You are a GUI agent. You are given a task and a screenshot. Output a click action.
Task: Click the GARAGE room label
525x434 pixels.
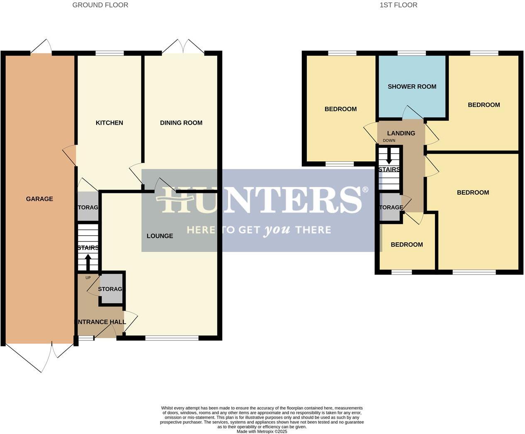[x=39, y=199]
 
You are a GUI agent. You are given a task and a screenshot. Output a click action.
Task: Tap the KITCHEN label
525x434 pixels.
[x=109, y=123]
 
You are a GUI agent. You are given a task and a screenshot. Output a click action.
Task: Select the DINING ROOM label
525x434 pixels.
[x=181, y=123]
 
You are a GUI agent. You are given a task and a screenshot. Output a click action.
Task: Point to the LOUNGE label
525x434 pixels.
[x=160, y=236]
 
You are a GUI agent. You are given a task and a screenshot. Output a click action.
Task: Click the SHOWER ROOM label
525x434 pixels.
[x=412, y=87]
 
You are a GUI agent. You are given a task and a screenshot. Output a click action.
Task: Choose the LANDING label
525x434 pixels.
[x=401, y=133]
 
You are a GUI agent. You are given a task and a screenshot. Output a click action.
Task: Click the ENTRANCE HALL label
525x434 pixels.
[x=100, y=322]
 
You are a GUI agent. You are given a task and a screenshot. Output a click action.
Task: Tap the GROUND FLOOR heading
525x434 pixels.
[x=100, y=5]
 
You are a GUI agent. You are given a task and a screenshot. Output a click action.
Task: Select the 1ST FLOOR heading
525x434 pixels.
[x=398, y=5]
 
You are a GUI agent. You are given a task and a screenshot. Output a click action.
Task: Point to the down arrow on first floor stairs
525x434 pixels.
[x=389, y=157]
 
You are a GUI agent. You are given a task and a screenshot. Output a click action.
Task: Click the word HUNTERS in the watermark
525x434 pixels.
[x=261, y=200]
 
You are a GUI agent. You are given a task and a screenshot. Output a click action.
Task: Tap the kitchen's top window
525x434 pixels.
[x=109, y=53]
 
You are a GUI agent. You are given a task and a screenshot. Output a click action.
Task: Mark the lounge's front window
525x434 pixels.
[x=172, y=338]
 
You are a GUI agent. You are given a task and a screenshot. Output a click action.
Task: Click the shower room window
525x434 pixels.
[x=411, y=53]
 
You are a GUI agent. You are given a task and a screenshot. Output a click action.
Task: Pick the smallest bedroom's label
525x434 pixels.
[x=407, y=244]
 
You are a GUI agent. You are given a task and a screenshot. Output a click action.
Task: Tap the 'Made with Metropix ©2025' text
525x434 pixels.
[x=262, y=431]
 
